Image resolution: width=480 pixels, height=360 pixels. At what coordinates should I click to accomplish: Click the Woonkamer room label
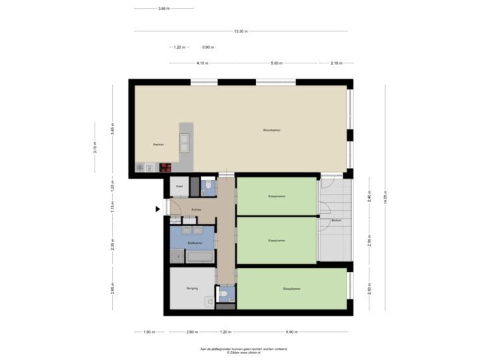point(271,131)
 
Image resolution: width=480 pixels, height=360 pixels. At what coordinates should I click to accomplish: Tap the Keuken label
point(159,144)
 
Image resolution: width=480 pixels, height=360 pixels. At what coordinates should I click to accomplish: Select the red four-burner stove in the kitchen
point(165,167)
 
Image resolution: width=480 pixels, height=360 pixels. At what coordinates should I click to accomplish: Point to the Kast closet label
point(179,187)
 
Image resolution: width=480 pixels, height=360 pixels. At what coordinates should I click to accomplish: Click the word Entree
point(196,209)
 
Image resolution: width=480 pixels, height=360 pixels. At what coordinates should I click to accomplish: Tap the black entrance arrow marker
point(158,209)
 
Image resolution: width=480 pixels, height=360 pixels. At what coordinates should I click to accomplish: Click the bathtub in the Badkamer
point(200,256)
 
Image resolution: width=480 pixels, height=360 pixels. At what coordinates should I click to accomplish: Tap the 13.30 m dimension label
point(241,31)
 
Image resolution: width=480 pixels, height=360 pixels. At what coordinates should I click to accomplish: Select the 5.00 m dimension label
point(276,63)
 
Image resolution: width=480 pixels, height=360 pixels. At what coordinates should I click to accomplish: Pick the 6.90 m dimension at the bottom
point(291,331)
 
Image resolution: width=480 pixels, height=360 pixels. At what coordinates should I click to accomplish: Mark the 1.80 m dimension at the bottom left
point(149,331)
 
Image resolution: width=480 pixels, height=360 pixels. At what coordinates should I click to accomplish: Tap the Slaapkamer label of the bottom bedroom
point(291,289)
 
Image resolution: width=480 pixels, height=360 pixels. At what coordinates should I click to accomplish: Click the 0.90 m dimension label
point(207,47)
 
